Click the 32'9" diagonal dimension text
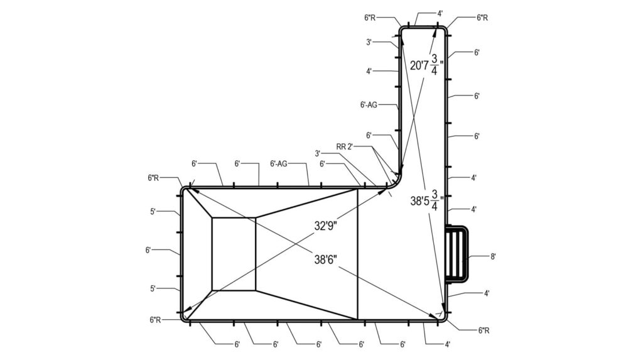(326, 226)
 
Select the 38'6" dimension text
(326, 259)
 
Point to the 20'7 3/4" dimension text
(427, 64)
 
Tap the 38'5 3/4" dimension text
(427, 200)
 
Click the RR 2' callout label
(345, 146)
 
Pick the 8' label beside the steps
(494, 256)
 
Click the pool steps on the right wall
(457, 254)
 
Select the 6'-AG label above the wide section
(278, 164)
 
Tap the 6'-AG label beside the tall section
(369, 105)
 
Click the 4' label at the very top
(440, 14)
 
